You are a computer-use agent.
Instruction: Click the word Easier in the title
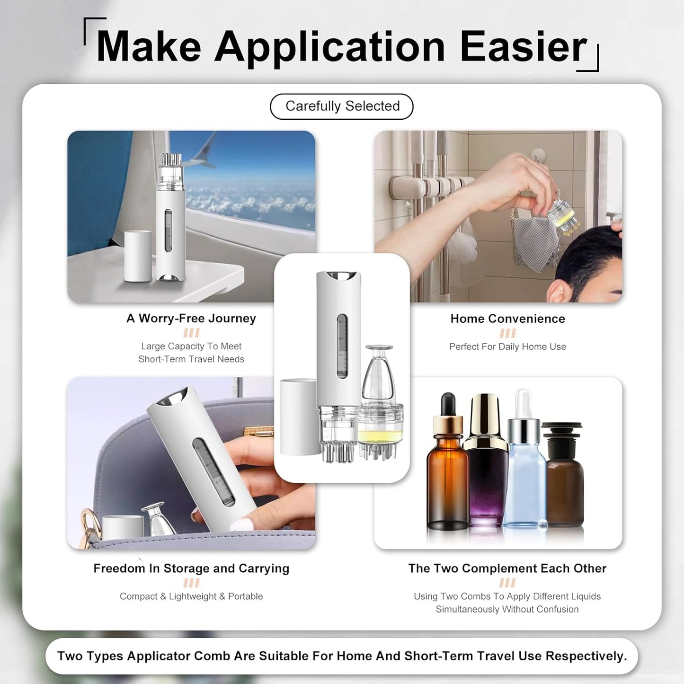pos(523,46)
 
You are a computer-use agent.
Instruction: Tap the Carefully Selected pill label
pos(342,106)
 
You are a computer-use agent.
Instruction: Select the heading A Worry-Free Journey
pos(191,319)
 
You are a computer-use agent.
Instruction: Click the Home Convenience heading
pos(507,319)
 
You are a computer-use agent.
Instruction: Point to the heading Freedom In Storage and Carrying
pos(191,569)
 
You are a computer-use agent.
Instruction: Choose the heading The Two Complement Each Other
pos(507,569)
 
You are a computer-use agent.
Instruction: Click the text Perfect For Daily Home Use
pos(507,346)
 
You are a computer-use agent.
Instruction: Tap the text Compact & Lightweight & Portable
pos(191,596)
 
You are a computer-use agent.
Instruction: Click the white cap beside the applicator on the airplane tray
pos(138,256)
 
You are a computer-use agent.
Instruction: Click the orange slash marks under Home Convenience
pos(507,333)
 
